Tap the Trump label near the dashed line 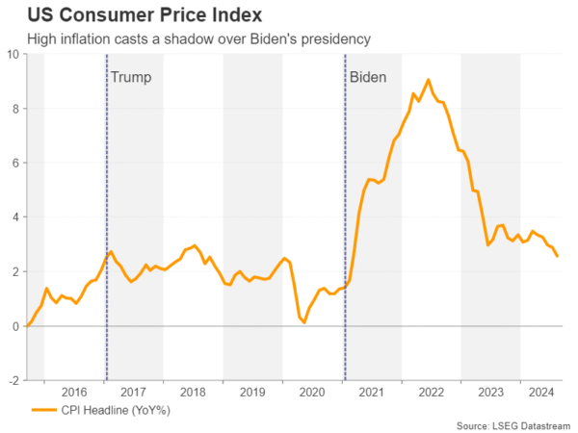coord(131,76)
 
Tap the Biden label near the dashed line coord(367,76)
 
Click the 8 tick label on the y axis coord(16,109)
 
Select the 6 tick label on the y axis coord(16,163)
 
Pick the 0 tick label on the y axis coord(16,326)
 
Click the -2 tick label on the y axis coord(13,381)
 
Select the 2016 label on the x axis coord(74,392)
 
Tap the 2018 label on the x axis coord(193,392)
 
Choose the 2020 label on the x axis coord(312,392)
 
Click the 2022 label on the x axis coord(431,392)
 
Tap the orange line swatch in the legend coord(42,410)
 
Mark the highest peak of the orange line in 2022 coord(429,80)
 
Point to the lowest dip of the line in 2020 coord(304,322)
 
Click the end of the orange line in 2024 coord(558,256)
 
